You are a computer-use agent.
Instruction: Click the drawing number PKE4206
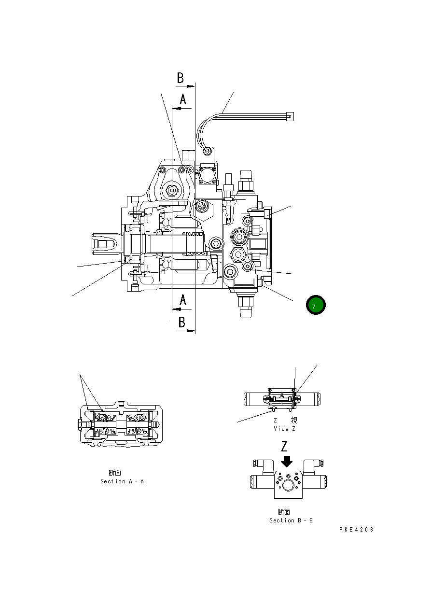point(356,530)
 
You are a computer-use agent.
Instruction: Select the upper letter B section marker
point(180,78)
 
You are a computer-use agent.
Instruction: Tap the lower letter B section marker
point(181,322)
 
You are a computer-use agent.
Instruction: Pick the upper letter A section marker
point(183,99)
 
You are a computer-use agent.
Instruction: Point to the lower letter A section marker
point(183,300)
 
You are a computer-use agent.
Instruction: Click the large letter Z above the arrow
point(286,446)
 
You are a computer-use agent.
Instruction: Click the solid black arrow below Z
point(287,462)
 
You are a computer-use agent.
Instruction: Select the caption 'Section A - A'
point(122,481)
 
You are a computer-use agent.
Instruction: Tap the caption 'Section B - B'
point(291,520)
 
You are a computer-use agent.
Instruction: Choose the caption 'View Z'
point(284,429)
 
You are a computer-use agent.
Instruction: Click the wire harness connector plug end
point(290,116)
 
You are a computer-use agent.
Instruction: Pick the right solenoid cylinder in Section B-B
point(314,481)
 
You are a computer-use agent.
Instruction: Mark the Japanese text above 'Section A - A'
point(115,473)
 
